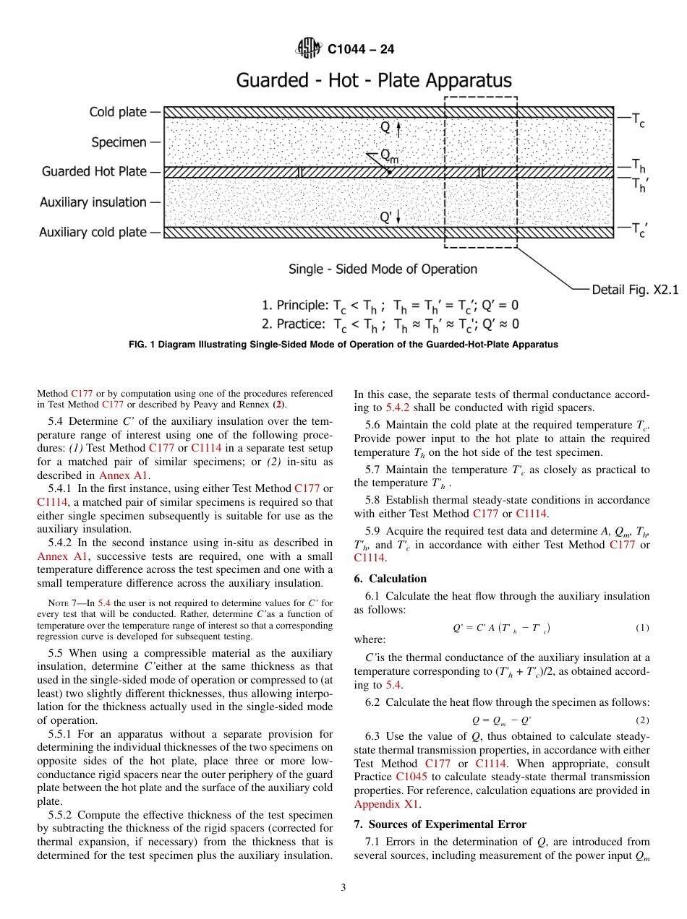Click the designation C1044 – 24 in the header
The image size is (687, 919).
coord(361,50)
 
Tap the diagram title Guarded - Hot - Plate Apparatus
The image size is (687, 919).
coord(374,80)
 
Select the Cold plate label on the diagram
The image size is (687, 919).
coord(118,112)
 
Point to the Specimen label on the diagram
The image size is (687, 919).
coord(119,142)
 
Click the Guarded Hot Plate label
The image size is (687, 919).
coord(94,172)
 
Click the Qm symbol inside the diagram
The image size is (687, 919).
coord(389,157)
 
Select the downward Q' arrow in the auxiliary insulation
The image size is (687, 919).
coord(398,216)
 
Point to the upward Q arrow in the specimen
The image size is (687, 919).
coord(398,128)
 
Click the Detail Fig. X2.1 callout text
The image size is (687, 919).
coord(635,290)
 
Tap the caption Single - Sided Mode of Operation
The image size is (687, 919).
coord(383,269)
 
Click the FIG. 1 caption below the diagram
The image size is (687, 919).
coord(343,345)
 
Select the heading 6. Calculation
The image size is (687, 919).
coord(390,579)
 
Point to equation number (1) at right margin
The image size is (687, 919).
coord(642,628)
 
